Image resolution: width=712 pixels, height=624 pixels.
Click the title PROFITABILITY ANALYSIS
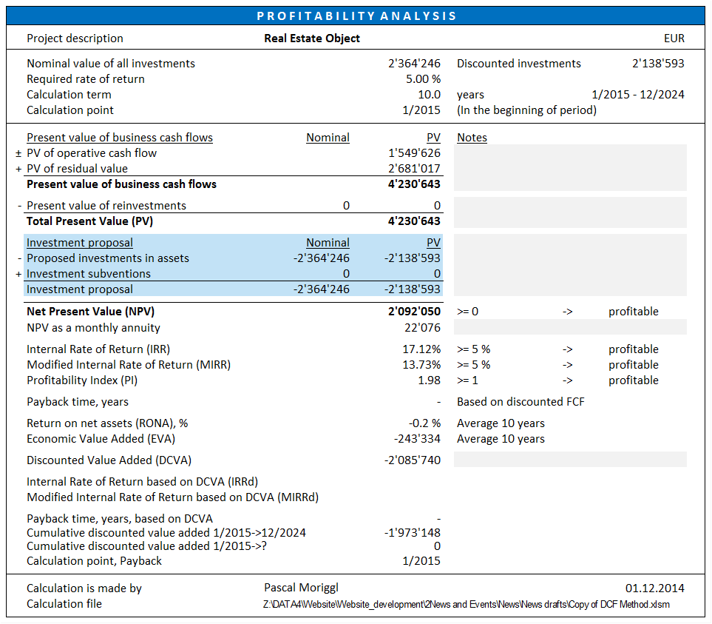point(356,16)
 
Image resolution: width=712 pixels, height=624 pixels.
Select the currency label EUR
point(674,38)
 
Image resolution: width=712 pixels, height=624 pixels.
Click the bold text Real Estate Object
point(312,38)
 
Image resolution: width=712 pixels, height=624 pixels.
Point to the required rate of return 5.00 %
point(423,79)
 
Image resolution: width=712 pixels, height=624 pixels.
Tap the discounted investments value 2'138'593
point(658,63)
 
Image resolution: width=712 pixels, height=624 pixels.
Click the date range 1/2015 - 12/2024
point(638,95)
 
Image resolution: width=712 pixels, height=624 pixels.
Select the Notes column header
point(472,137)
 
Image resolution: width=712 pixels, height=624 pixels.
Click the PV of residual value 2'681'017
point(414,169)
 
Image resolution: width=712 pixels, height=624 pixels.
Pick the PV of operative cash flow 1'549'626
point(414,153)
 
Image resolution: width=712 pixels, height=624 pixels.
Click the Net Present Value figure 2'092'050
point(414,312)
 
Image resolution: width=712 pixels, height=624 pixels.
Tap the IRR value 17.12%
point(421,349)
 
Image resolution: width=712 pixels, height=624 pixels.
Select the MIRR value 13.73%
point(421,364)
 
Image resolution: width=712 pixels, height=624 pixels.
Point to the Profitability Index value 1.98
point(429,380)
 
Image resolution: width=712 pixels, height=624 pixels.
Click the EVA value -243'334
point(417,438)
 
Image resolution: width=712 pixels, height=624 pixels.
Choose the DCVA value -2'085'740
point(413,460)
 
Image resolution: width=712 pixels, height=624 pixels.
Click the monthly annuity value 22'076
point(422,328)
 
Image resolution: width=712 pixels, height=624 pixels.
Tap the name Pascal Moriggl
point(301,588)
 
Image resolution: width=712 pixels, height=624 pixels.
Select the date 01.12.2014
point(655,588)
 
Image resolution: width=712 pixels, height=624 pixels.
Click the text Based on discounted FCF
point(521,402)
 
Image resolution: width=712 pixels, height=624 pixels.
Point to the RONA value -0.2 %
point(424,423)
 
